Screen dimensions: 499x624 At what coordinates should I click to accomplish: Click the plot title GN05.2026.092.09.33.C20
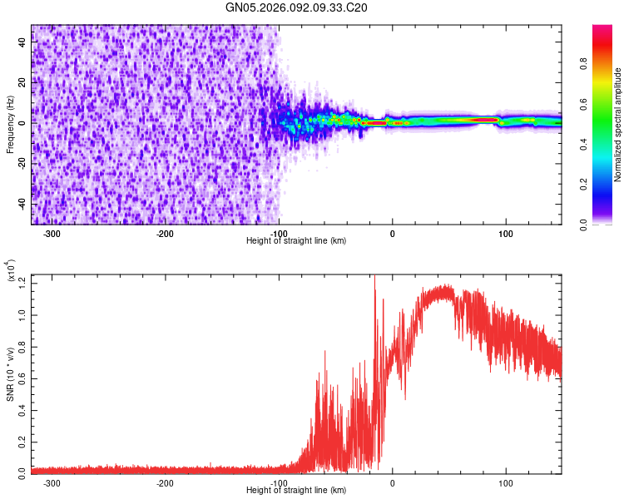pos(296,7)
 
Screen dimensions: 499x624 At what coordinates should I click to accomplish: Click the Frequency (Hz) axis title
pos(10,125)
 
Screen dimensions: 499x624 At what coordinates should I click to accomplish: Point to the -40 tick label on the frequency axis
pos(20,203)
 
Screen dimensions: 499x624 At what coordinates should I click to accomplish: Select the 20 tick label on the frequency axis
pos(22,83)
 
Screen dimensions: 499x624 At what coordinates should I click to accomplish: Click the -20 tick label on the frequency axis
pos(20,163)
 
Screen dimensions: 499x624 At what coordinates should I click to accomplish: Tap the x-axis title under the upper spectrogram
pos(296,241)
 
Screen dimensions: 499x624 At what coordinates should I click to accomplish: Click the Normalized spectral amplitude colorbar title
pos(618,125)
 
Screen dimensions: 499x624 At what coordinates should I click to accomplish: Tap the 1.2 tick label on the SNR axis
pos(22,282)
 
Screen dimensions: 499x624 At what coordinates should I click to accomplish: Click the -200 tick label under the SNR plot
pos(165,483)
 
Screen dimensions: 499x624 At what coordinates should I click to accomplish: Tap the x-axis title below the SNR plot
pos(296,491)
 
